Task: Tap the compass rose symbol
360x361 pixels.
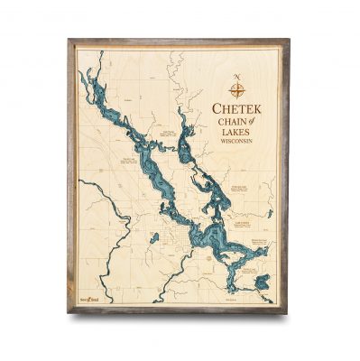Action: click(237, 89)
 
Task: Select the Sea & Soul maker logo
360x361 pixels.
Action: click(87, 294)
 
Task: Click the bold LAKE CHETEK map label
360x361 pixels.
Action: click(242, 218)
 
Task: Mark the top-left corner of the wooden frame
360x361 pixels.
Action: click(69, 41)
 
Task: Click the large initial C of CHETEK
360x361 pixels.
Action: click(216, 109)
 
